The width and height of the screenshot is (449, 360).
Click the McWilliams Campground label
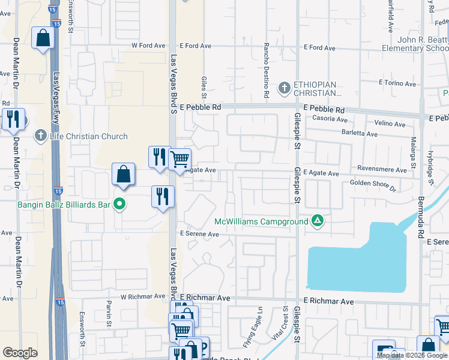tap(261, 221)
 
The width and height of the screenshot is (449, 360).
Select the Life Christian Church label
tap(89, 136)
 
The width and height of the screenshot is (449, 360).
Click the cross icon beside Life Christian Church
tap(41, 136)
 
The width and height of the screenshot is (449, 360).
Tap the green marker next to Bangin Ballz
tap(119, 205)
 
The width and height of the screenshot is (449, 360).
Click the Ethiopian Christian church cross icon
tap(285, 89)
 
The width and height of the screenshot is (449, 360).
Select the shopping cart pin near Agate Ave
tap(179, 159)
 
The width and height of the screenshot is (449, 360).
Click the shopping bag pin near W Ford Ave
tap(43, 38)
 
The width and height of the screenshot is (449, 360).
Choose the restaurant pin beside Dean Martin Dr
tap(13, 119)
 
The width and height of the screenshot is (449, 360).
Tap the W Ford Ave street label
tap(148, 46)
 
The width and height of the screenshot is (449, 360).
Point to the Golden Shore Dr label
tap(373, 185)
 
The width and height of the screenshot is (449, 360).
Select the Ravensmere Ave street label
tap(382, 170)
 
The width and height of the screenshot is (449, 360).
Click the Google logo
tap(20, 353)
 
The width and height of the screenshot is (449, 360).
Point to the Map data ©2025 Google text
tap(412, 355)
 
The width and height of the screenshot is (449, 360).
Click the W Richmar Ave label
tap(142, 296)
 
